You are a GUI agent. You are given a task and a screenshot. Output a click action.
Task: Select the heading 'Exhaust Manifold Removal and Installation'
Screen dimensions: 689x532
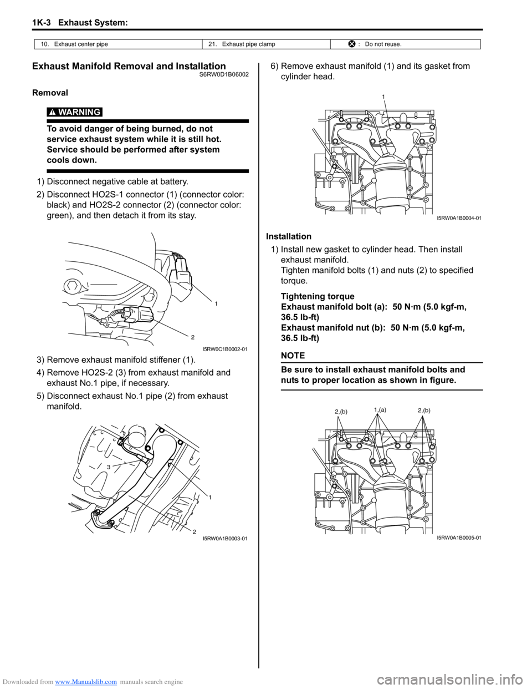coord(129,67)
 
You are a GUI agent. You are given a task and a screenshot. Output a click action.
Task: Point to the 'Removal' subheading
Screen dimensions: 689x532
coord(50,93)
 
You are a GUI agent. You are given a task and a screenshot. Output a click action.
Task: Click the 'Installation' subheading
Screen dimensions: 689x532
coord(289,236)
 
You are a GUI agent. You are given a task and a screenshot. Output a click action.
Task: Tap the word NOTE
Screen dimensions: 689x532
coord(293,356)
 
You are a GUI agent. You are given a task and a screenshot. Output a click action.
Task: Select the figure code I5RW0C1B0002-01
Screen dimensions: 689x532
coord(225,349)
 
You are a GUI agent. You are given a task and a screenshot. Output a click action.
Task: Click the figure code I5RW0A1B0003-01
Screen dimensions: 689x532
coord(225,539)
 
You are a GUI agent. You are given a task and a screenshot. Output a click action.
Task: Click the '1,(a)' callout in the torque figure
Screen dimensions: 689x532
coord(380,409)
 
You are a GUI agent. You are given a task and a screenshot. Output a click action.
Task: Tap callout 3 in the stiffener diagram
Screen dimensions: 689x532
coord(109,467)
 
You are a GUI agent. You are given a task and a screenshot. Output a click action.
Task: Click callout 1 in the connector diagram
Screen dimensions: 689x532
coord(216,303)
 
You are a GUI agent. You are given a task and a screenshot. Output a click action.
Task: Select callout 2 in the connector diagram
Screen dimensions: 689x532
coord(192,337)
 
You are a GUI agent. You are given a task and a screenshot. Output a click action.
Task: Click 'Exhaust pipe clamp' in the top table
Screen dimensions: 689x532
coord(248,44)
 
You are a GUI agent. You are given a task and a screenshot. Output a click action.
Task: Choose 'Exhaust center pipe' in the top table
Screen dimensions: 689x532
coord(81,44)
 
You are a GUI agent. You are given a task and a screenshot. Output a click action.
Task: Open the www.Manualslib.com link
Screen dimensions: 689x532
coord(90,682)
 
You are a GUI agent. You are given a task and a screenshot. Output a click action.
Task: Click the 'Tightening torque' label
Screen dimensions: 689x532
coord(318,296)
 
